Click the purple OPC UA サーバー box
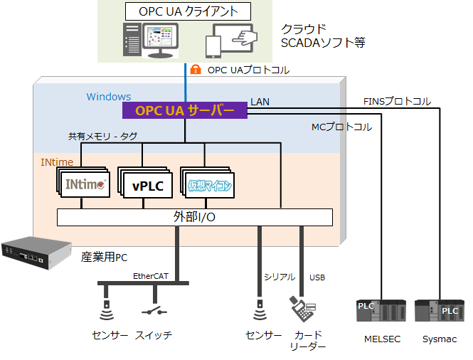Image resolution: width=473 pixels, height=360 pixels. point(184,110)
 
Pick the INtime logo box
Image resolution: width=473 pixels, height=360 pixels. point(84,184)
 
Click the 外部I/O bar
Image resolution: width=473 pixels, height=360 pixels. point(194,217)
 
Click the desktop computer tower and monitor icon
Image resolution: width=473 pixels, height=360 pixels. point(151,41)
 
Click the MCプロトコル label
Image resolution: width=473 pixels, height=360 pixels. point(341,127)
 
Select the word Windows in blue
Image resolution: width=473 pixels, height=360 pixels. point(109,97)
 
